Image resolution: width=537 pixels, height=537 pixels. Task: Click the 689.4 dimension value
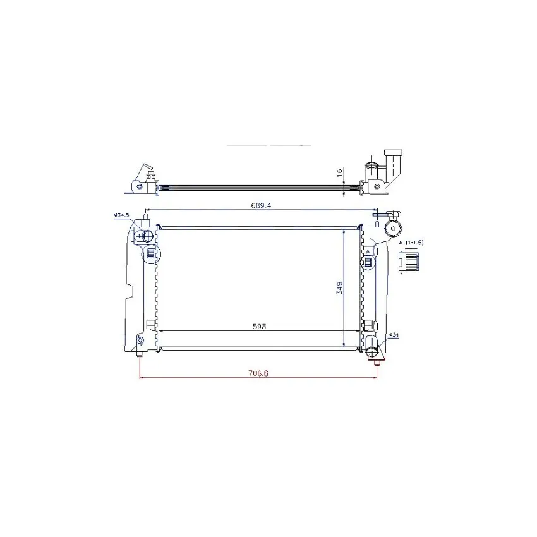[x=261, y=205]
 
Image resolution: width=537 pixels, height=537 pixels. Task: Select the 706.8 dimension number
[x=258, y=373]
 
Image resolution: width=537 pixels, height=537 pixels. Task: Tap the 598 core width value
[x=259, y=327]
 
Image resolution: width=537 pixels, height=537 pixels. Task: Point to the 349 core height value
[x=339, y=287]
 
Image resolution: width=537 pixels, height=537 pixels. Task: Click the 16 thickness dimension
[x=340, y=172]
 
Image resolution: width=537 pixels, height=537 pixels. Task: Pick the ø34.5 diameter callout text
[x=121, y=215]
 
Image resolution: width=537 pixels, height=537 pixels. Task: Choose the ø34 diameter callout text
[x=394, y=335]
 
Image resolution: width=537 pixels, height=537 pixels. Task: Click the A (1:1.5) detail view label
[x=411, y=243]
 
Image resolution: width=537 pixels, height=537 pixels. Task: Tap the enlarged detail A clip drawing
[x=409, y=262]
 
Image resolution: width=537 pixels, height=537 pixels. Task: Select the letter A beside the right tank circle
[x=368, y=251]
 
